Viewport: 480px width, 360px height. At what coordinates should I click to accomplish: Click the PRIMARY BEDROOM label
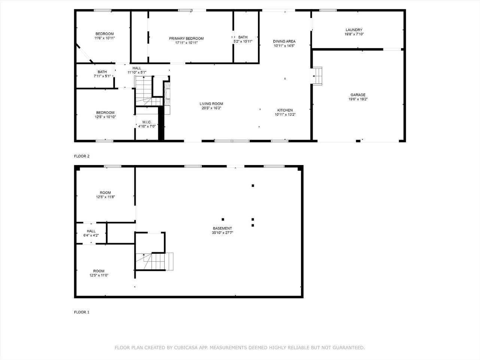[x=186, y=39]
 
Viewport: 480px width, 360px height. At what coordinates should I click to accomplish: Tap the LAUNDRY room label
[x=354, y=30]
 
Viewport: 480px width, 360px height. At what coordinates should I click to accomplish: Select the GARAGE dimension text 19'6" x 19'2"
[x=358, y=99]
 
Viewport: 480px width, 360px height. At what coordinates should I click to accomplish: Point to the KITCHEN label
[x=285, y=110]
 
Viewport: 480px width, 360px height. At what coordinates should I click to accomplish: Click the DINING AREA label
[x=284, y=42]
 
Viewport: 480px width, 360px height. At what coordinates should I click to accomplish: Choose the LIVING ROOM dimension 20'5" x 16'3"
[x=211, y=108]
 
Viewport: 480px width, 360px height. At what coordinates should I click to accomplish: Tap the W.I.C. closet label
[x=146, y=122]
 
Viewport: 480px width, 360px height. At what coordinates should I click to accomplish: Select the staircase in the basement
[x=155, y=261]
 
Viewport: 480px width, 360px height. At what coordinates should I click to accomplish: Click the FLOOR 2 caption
[x=82, y=156]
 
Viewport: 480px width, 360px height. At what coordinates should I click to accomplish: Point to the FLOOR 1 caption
[x=82, y=312]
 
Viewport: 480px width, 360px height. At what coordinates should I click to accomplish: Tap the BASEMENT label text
[x=222, y=228]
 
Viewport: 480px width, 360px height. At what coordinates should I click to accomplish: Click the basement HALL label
[x=91, y=231]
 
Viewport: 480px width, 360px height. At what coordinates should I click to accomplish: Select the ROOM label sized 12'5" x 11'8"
[x=105, y=193]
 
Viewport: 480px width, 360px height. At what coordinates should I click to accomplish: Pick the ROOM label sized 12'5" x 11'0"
[x=99, y=271]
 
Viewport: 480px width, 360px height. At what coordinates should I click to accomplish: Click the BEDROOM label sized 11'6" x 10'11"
[x=104, y=34]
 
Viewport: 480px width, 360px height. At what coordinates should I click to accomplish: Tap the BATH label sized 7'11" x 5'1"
[x=102, y=72]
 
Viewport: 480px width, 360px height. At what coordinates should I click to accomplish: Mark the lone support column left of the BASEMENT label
[x=223, y=219]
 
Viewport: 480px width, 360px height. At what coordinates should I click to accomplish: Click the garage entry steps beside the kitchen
[x=318, y=76]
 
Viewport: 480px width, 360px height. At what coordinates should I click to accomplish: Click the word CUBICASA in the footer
[x=186, y=348]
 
